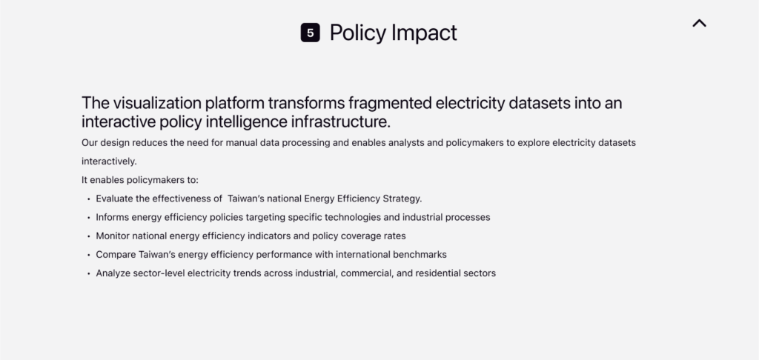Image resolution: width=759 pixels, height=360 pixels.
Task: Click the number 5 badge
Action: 311,33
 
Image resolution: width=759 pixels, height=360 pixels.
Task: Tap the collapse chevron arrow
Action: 699,23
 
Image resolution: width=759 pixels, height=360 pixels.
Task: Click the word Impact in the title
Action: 424,33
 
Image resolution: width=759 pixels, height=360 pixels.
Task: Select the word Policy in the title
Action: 358,33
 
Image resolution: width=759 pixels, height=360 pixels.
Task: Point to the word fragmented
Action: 390,102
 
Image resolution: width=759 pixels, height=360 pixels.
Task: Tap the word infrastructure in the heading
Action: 340,121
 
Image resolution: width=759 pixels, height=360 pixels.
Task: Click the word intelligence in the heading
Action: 245,121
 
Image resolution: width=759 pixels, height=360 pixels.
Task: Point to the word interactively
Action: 109,161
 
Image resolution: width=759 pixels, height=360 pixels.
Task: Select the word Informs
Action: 113,217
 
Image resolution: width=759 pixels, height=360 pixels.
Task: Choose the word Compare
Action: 116,255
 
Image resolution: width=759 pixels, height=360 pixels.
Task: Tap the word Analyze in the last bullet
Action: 113,273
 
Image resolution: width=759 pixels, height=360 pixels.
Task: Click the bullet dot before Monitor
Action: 89,236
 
